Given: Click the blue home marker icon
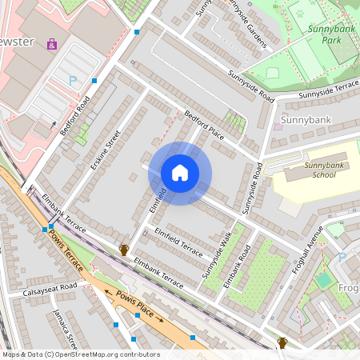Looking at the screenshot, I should (x=180, y=173).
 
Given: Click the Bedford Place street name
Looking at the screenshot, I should (x=205, y=124).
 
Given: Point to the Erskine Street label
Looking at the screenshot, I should (x=105, y=150).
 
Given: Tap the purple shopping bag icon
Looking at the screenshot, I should (x=52, y=44).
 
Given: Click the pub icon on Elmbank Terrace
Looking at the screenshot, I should (x=124, y=250).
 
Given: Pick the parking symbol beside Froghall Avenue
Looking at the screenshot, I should (x=342, y=258).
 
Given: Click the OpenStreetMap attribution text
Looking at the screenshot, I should (x=80, y=354).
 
